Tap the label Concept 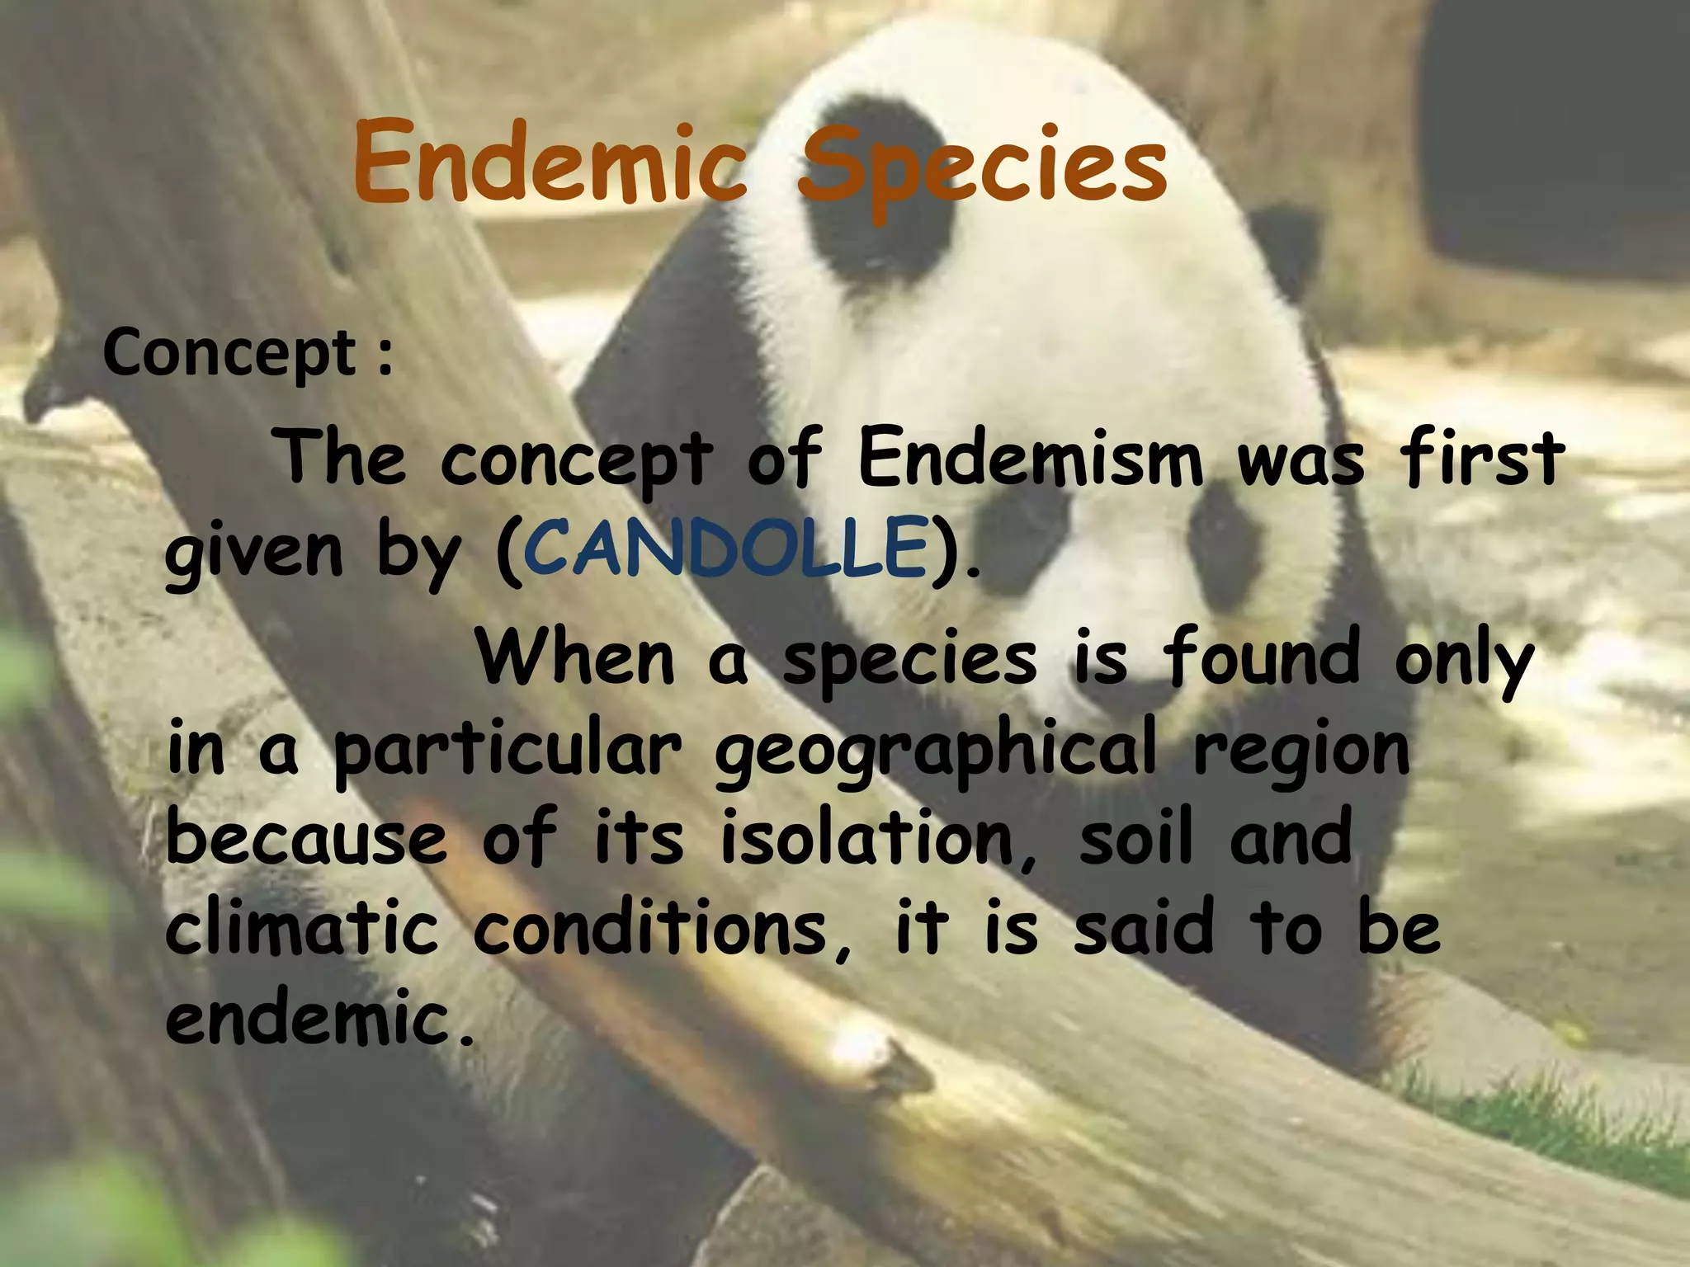click(x=229, y=353)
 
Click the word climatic click(x=301, y=930)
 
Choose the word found click(x=1260, y=657)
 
